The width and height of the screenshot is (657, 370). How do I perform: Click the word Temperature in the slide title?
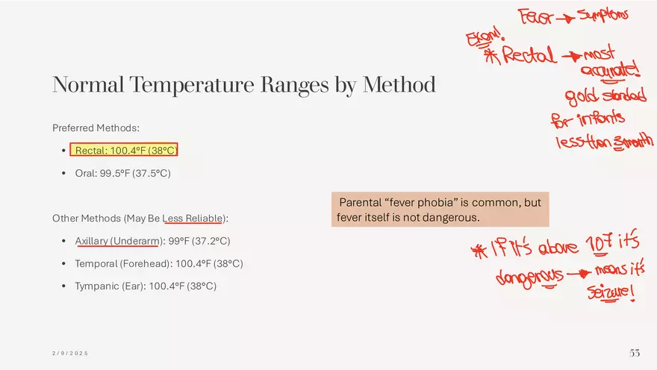tap(191, 84)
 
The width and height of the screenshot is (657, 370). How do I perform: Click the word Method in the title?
tap(399, 84)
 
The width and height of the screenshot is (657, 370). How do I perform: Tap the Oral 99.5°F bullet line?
tap(122, 173)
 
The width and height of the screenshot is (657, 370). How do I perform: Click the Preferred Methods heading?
tap(96, 128)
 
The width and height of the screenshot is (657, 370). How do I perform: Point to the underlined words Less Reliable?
tap(193, 219)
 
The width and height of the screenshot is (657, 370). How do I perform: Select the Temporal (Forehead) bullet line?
tap(159, 263)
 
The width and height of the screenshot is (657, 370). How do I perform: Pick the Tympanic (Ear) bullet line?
tap(146, 286)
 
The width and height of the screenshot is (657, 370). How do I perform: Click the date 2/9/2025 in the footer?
tap(70, 354)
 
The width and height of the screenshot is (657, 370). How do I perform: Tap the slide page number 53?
tap(635, 353)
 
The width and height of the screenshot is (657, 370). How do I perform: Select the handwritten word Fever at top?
tap(536, 16)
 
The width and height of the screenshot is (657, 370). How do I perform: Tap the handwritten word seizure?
tap(611, 292)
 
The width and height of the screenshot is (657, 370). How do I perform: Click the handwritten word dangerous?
tap(529, 277)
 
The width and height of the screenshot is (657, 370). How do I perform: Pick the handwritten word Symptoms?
tap(603, 15)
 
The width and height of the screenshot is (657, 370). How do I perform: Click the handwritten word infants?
tap(602, 119)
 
